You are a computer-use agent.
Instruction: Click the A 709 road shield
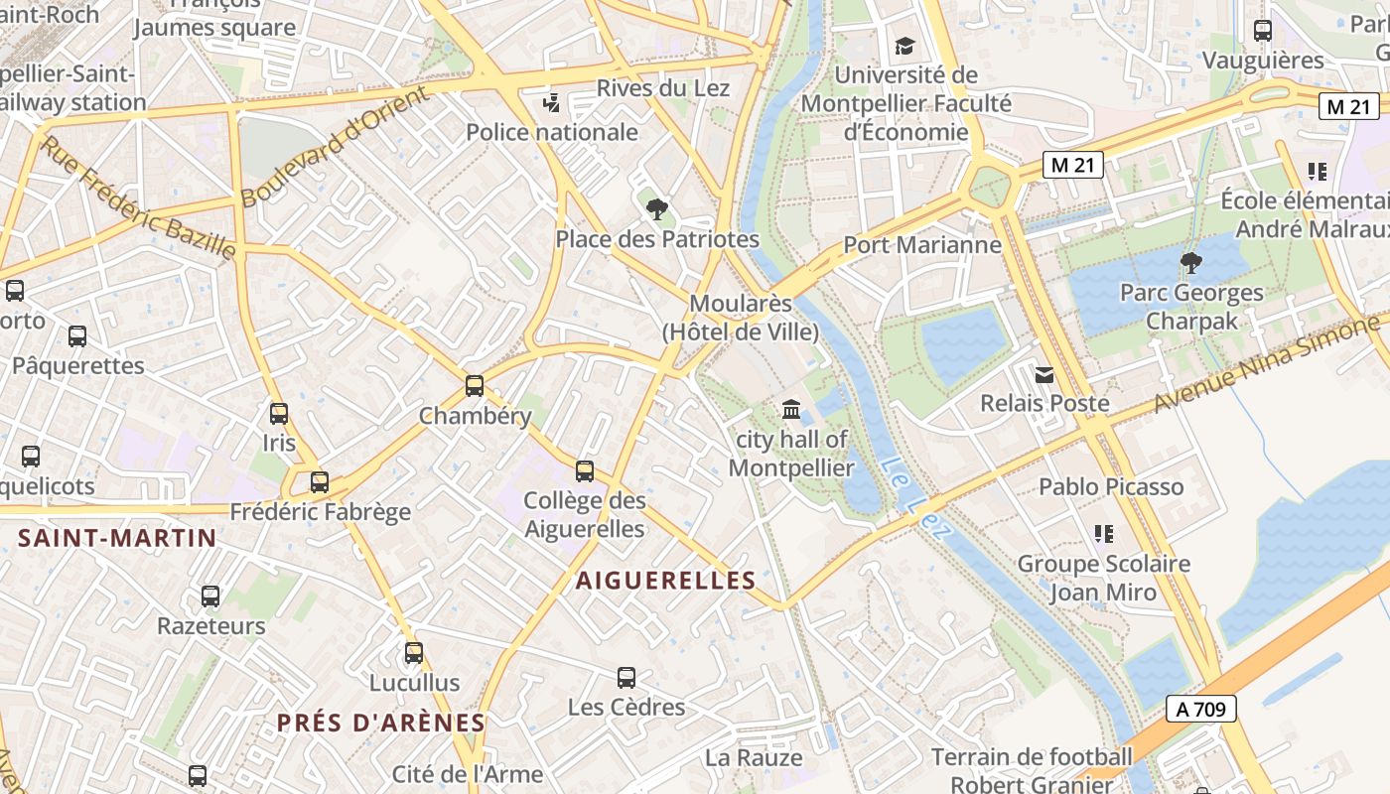1200,709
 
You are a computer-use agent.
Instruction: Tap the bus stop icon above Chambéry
475,386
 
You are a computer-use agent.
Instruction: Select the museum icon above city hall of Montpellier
791,409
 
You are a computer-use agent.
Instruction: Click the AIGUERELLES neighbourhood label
666,581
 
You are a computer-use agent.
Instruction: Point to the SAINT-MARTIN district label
117,539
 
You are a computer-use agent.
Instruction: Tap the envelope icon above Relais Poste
1044,375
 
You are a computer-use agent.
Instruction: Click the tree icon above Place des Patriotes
656,209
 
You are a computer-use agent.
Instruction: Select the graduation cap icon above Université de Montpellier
903,46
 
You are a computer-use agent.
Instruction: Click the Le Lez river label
916,497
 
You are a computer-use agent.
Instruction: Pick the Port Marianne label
922,244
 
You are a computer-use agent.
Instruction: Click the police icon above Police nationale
552,102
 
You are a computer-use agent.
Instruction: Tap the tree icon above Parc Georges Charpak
1190,263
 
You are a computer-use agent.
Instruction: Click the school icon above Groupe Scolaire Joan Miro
1103,534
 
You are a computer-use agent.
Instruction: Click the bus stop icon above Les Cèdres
626,678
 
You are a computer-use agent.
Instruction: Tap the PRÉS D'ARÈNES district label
381,724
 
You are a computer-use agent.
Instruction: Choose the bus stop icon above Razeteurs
210,596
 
